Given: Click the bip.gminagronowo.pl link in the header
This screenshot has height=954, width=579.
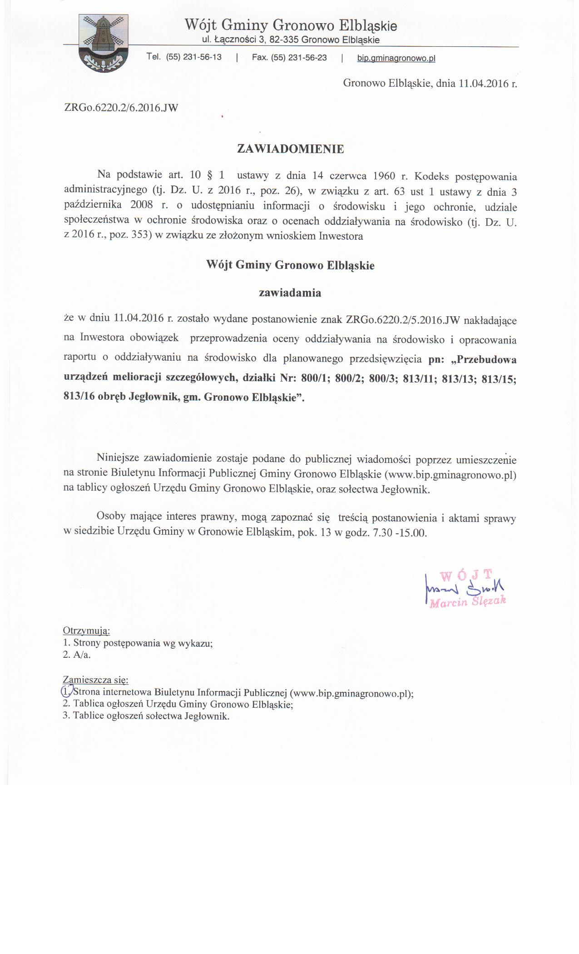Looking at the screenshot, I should pyautogui.click(x=396, y=58).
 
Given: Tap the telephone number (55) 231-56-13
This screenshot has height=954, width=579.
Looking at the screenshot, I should pyautogui.click(x=194, y=57).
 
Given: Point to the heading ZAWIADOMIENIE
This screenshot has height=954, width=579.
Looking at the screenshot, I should pyautogui.click(x=291, y=149).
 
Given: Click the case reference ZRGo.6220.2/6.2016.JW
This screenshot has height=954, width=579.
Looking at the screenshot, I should pyautogui.click(x=121, y=108).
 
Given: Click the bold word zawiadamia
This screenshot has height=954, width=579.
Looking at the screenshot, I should pyautogui.click(x=290, y=293).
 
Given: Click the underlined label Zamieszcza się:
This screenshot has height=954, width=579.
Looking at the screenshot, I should pyautogui.click(x=96, y=680).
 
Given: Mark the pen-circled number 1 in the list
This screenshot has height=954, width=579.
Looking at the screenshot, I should pyautogui.click(x=66, y=692).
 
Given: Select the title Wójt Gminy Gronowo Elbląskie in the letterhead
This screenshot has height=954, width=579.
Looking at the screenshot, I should pyautogui.click(x=291, y=25).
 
